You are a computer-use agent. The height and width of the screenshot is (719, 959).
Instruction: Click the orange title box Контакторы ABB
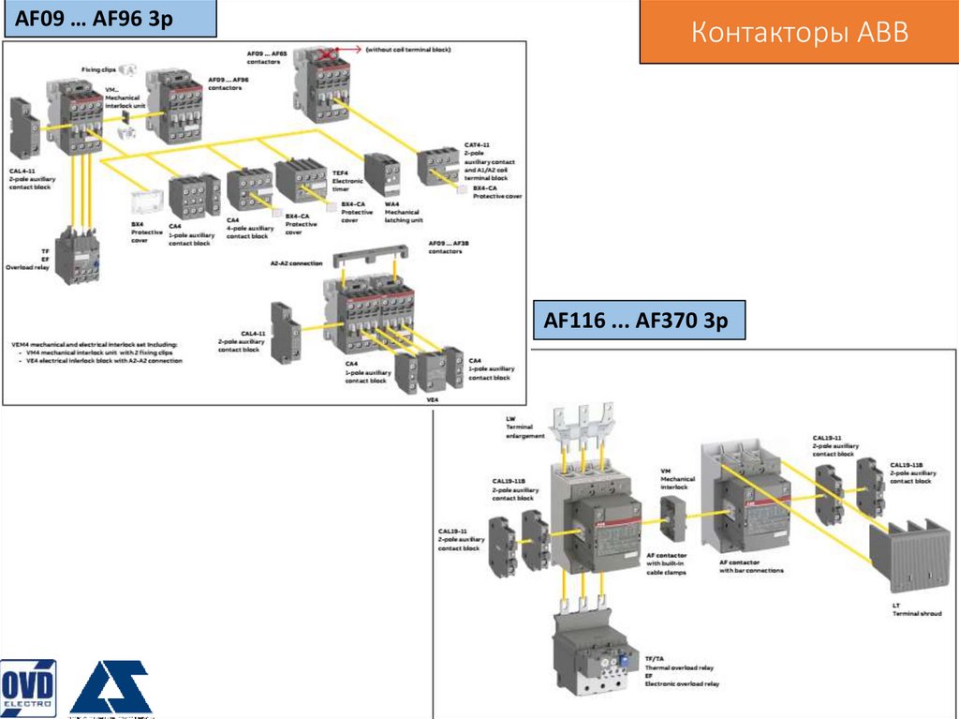799,34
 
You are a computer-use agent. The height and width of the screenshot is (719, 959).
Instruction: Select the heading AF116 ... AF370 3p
636,321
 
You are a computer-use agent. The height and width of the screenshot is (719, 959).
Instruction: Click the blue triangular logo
111,687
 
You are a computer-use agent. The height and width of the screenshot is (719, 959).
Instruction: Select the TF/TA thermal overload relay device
592,653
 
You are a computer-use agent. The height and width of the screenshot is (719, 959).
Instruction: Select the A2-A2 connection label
296,263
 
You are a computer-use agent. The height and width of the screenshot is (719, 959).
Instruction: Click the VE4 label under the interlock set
432,399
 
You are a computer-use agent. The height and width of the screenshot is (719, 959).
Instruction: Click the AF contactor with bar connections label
751,565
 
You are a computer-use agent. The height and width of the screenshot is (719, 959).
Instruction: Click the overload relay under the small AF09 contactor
75,256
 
